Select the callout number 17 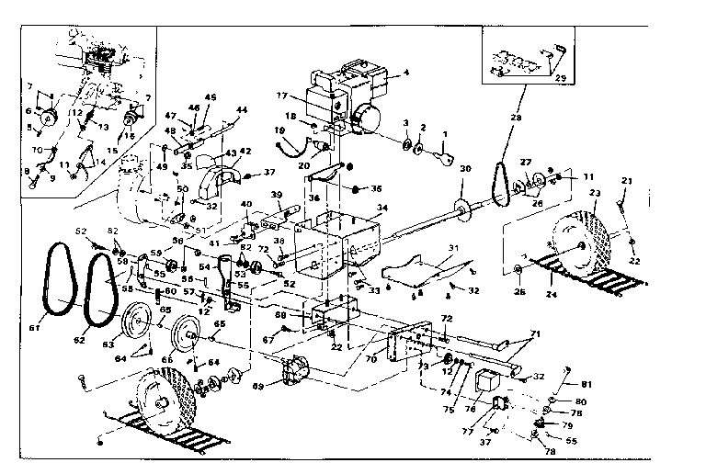click(283, 94)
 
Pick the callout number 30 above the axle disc click(465, 168)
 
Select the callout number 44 click(242, 109)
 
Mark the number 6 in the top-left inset click(28, 109)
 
